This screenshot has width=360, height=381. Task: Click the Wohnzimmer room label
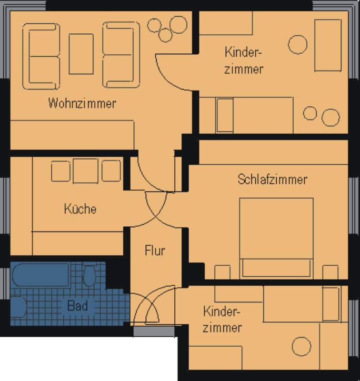click(x=82, y=103)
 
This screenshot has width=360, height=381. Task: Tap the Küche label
click(x=80, y=209)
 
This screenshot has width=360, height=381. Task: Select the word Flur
click(x=155, y=251)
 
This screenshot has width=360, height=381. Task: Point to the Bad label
click(x=78, y=306)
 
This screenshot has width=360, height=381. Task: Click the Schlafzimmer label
click(x=272, y=180)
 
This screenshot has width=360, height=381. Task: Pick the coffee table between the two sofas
click(x=81, y=54)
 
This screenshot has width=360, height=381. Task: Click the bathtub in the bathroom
click(x=41, y=275)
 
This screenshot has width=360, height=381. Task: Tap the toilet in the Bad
click(x=90, y=275)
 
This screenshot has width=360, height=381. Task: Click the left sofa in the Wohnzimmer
click(x=41, y=56)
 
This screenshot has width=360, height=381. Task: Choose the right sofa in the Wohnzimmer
click(x=121, y=55)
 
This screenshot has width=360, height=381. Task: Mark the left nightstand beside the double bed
click(x=222, y=272)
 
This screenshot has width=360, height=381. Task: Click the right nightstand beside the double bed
click(x=330, y=272)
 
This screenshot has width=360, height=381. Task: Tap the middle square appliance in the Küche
click(x=86, y=170)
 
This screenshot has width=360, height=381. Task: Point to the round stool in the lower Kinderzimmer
click(x=301, y=347)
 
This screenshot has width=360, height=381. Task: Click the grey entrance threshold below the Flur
click(x=154, y=331)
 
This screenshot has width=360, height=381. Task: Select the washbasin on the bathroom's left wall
click(x=19, y=307)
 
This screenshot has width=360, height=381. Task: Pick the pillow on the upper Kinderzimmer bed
click(x=225, y=115)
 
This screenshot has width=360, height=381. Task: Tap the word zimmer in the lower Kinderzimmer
click(x=222, y=328)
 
